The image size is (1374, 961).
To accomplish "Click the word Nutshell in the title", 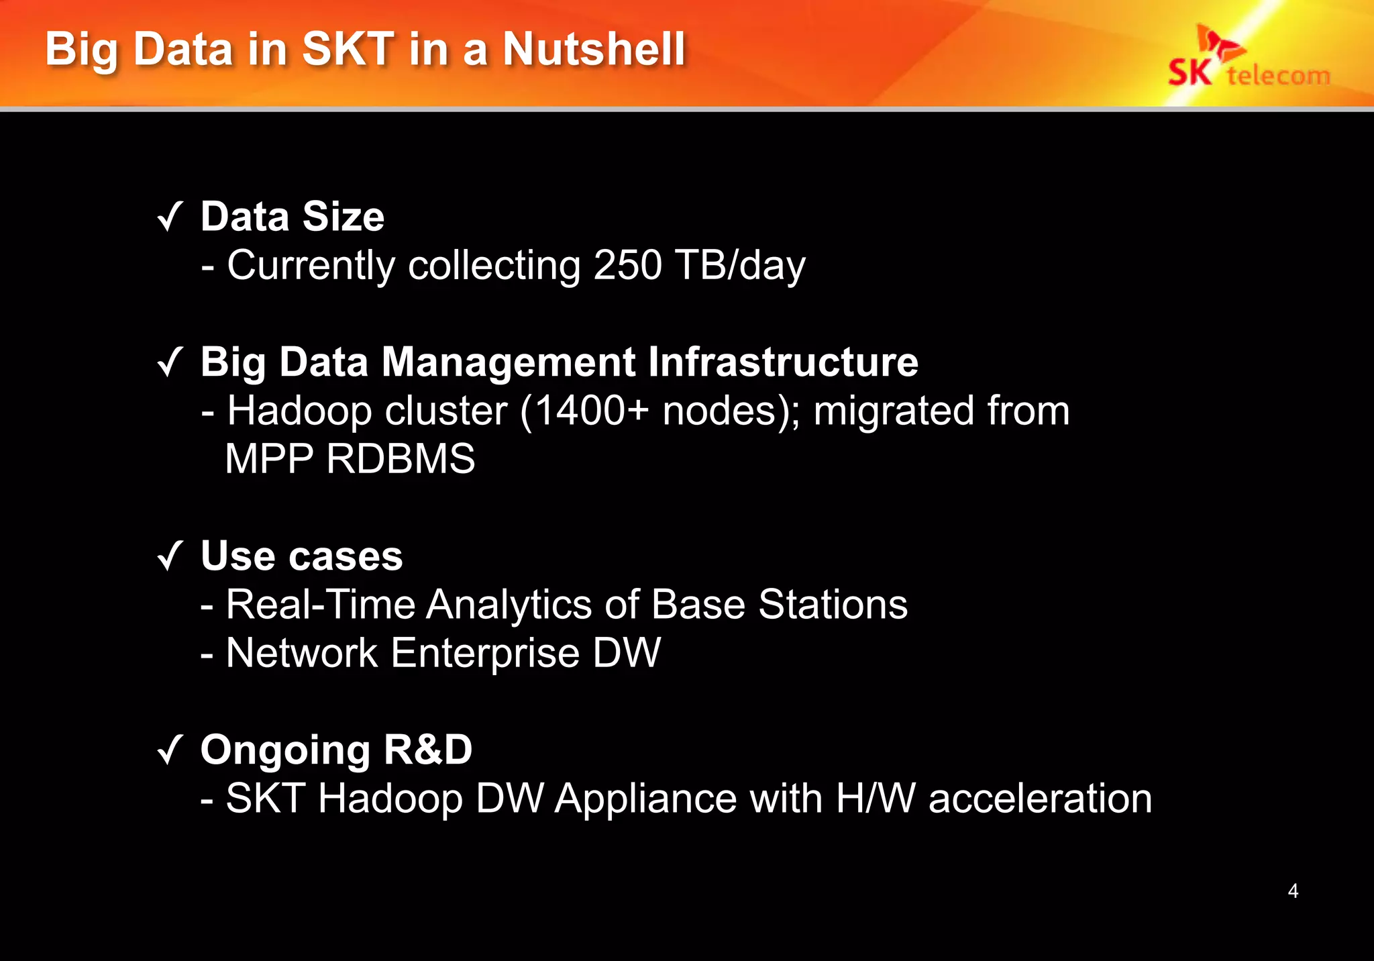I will tap(594, 50).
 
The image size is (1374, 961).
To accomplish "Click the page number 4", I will tap(1293, 891).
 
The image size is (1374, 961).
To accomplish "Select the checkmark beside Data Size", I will tap(170, 217).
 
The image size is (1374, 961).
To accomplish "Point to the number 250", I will tap(628, 265).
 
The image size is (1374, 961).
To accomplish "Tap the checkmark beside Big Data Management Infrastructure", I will tap(170, 363).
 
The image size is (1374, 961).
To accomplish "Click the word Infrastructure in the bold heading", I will tap(783, 362).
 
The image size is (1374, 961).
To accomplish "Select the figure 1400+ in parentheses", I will tap(592, 411).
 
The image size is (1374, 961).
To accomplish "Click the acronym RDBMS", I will tap(401, 459).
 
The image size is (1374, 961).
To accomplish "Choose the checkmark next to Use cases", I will tap(170, 557).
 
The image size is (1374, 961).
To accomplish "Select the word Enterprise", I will tap(485, 653).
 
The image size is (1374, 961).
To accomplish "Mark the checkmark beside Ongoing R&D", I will tap(170, 750).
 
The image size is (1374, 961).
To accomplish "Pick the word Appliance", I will tap(645, 799).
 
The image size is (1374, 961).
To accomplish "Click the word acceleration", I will tap(1040, 799).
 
